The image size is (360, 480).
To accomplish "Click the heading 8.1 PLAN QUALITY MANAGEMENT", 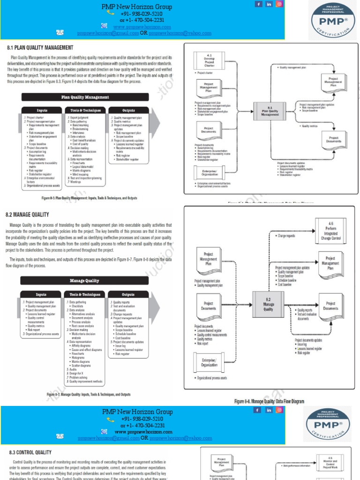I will (x=39, y=48).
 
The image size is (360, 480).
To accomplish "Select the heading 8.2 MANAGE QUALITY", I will (x=27, y=215).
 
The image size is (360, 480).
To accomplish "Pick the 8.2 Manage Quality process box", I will (x=268, y=305).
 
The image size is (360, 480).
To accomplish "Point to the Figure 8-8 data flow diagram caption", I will (x=269, y=402).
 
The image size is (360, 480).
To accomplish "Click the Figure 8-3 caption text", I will (x=90, y=198).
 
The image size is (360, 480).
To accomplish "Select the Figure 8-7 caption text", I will (x=89, y=395).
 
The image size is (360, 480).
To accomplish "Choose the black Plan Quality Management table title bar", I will (x=85, y=97).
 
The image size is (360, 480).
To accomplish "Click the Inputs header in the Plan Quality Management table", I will (x=41, y=111).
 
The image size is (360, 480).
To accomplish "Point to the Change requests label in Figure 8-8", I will (x=286, y=236).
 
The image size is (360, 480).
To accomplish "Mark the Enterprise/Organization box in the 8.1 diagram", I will (x=209, y=172).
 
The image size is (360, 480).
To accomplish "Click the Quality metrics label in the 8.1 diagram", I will (x=309, y=126).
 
